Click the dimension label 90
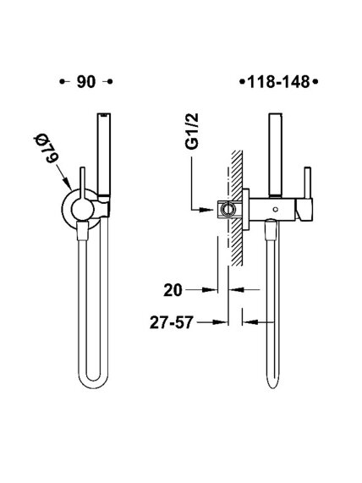(86, 82)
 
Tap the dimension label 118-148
(278, 82)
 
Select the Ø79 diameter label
(46, 148)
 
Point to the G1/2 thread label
(193, 131)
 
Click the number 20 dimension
(173, 290)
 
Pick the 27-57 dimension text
(172, 323)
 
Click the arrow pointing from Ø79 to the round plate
(64, 177)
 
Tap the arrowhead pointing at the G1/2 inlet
(206, 210)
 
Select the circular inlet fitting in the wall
(228, 210)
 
